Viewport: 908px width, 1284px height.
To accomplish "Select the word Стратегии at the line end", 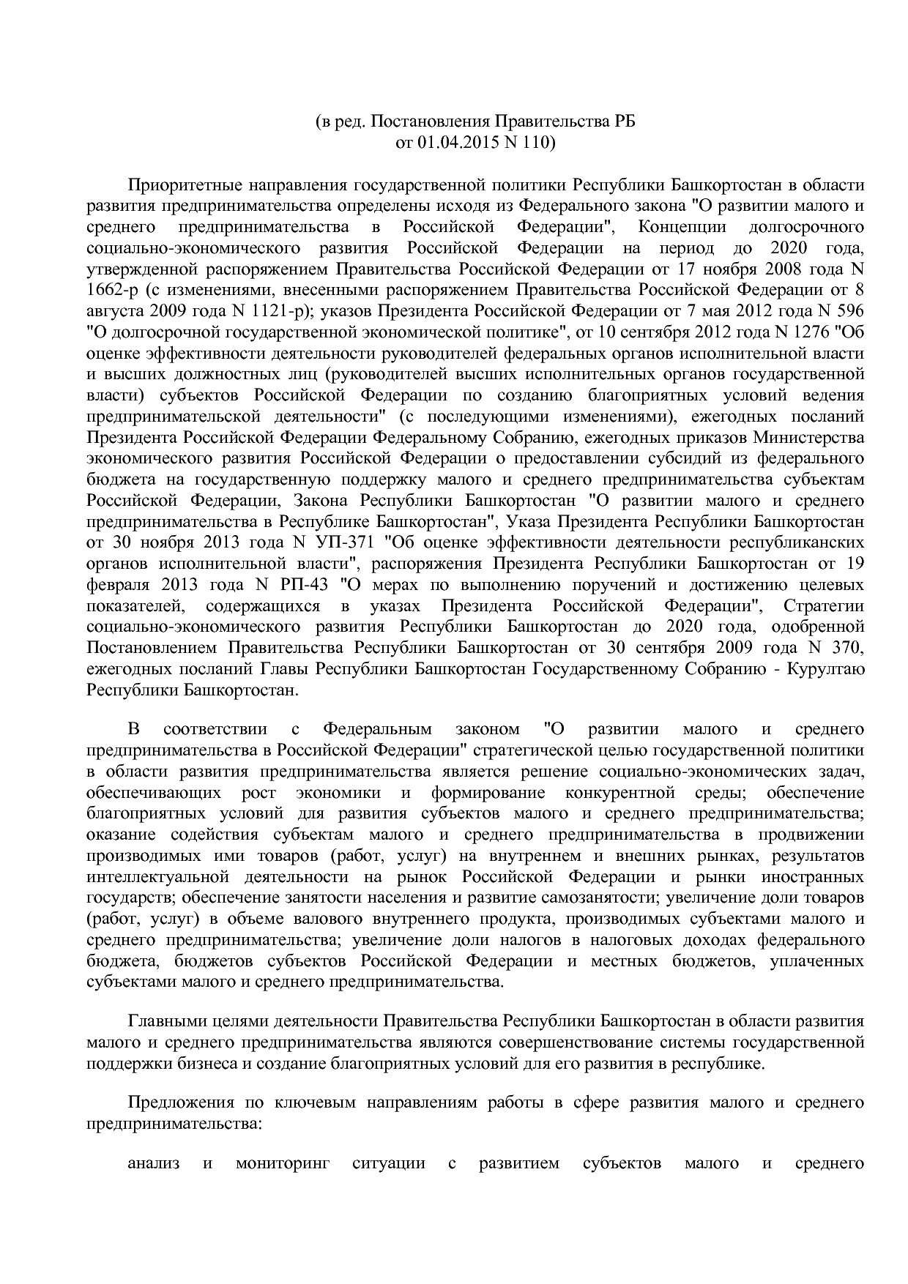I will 824,607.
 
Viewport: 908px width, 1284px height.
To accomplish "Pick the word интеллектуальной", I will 149,877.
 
